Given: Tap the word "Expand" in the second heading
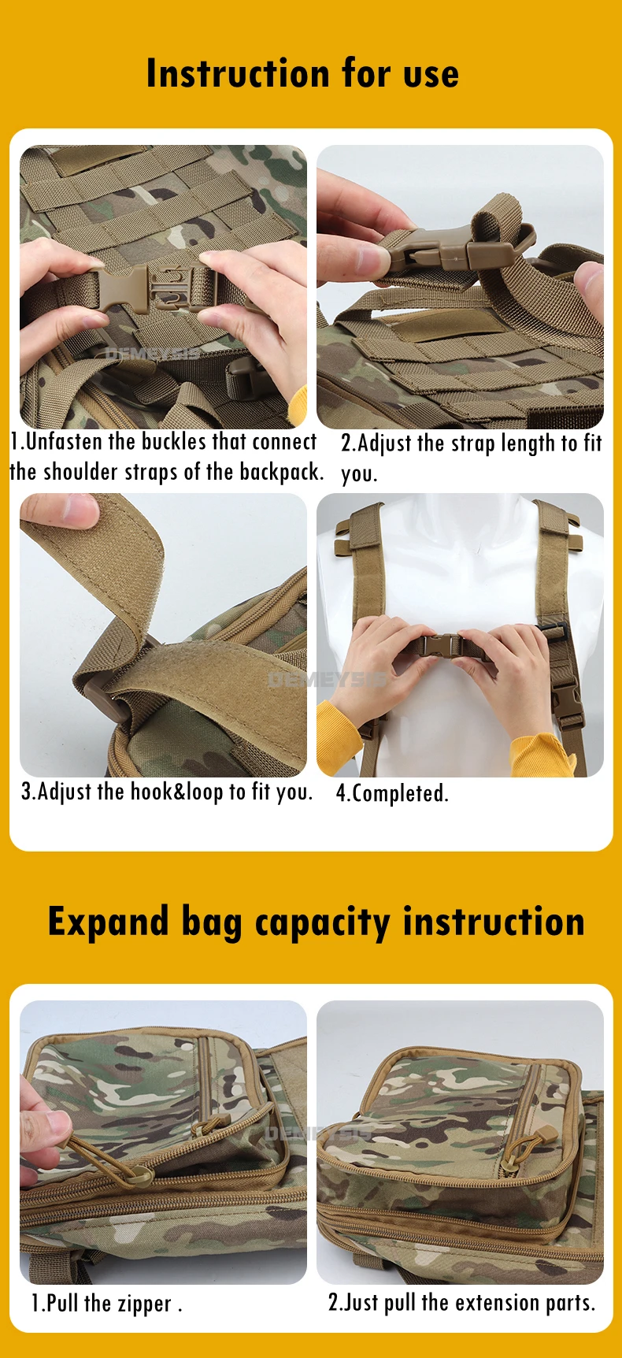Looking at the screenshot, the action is (x=109, y=922).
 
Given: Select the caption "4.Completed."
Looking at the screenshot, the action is (x=392, y=792).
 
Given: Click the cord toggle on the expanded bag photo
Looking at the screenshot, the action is (x=544, y=1135).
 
